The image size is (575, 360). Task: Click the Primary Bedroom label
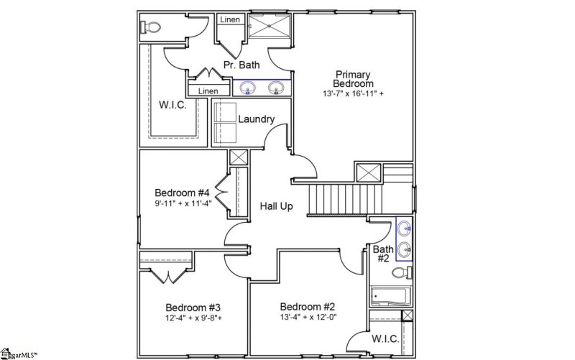(352, 79)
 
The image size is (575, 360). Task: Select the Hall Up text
(276, 207)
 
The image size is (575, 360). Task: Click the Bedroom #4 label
(182, 193)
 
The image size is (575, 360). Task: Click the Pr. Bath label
(241, 66)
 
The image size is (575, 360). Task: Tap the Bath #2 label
(382, 254)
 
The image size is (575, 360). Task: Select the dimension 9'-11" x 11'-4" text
(182, 203)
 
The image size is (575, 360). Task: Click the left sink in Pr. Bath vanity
(248, 88)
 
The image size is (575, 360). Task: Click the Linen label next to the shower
(230, 20)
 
